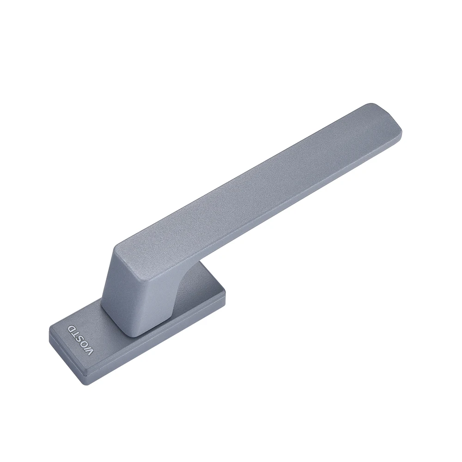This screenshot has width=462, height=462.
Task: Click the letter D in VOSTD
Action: pos(73,328)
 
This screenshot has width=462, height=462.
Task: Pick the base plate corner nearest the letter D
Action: pos(51,328)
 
